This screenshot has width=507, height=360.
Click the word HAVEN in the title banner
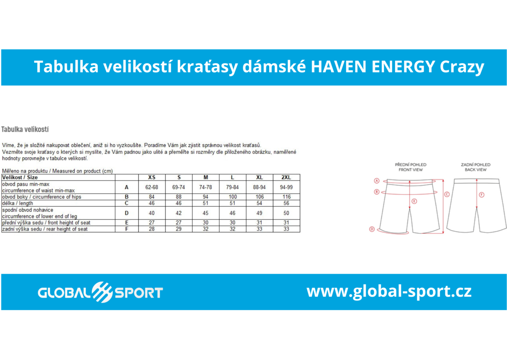[x=338, y=67]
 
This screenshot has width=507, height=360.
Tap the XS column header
[x=152, y=177]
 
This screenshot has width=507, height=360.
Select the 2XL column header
[x=286, y=177]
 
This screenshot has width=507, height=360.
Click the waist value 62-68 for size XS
[x=152, y=187]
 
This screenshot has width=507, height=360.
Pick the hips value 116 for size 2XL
[x=286, y=197]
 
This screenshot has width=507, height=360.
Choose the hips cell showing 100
[x=232, y=197]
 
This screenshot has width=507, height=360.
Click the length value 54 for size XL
[x=259, y=203]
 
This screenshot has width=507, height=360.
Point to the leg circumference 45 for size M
[x=205, y=213]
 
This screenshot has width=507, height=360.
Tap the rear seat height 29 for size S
[x=179, y=229]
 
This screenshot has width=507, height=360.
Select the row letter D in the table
[x=126, y=213]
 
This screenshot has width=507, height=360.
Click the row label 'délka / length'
[x=18, y=203]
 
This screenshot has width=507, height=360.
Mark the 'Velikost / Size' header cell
[x=20, y=177]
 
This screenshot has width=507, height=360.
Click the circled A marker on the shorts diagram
[x=376, y=181]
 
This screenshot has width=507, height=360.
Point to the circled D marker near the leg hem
[x=372, y=229]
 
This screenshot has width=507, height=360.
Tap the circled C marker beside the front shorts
[x=447, y=194]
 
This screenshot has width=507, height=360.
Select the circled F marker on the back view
[x=482, y=195]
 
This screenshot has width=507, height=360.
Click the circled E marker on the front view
[x=414, y=201]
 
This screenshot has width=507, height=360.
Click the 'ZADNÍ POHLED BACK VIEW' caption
[x=476, y=167]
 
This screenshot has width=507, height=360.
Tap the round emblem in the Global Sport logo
[x=102, y=292]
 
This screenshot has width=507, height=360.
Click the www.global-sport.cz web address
[x=389, y=292]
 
